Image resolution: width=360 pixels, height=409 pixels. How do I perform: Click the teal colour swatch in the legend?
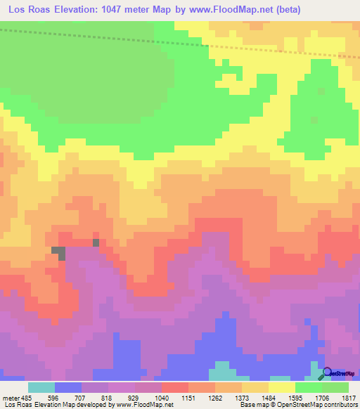[41, 387]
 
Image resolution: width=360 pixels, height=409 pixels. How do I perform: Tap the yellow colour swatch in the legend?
[281, 387]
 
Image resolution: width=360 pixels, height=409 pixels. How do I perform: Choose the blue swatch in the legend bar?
[67, 387]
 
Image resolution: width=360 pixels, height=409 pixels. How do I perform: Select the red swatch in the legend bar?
[174, 387]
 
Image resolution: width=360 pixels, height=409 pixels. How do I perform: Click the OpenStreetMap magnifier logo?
[328, 372]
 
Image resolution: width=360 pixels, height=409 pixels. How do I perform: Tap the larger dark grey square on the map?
[58, 252]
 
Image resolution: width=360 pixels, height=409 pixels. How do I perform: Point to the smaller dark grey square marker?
[96, 243]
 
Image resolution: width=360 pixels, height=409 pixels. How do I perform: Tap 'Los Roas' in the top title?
[29, 10]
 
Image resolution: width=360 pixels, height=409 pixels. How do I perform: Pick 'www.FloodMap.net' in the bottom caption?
[144, 405]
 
